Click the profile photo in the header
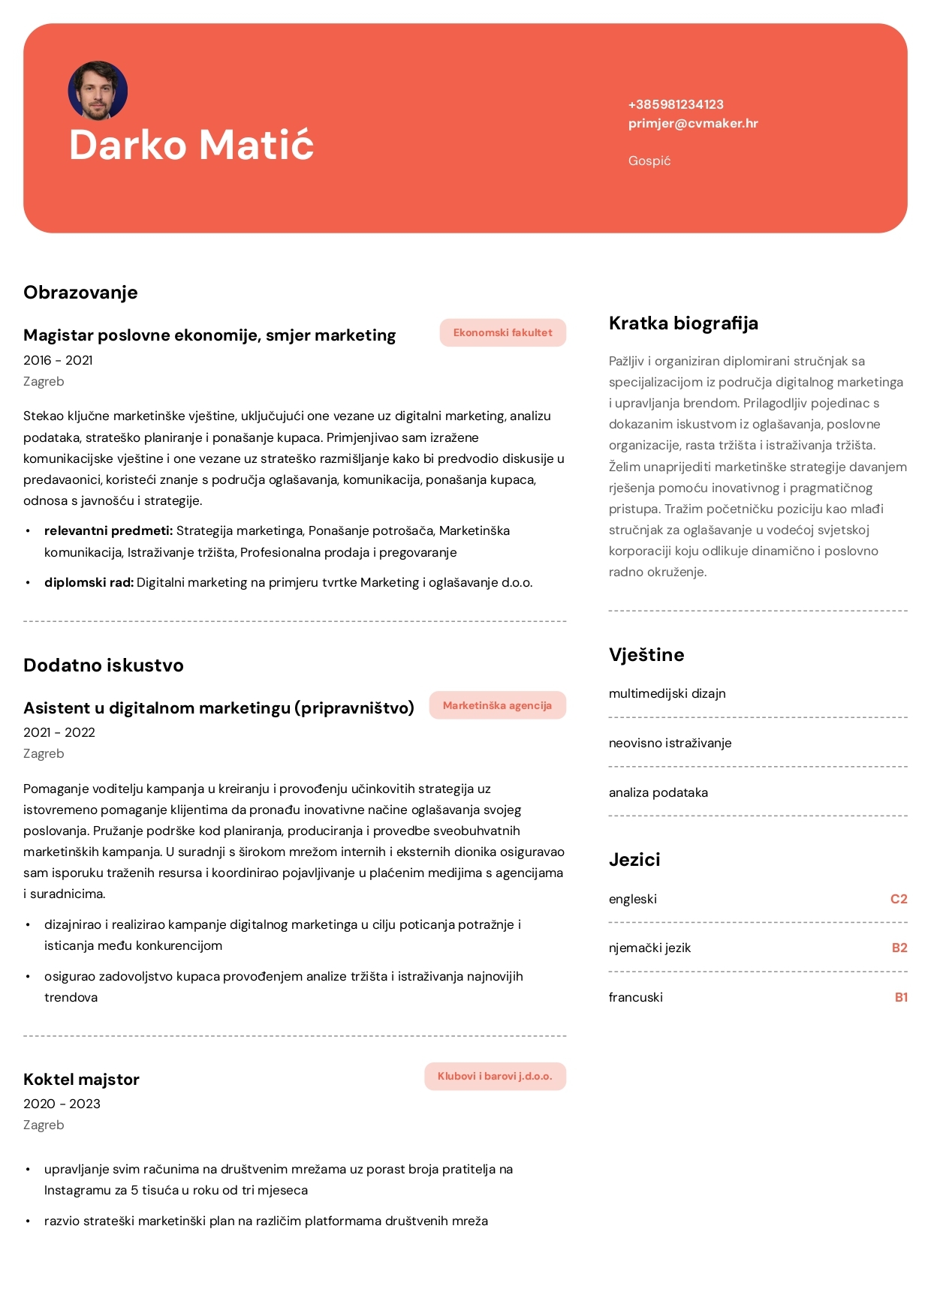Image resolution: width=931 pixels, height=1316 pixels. click(x=98, y=91)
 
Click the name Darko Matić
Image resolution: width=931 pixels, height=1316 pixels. click(x=191, y=144)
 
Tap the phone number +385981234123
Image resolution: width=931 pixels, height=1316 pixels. click(x=676, y=104)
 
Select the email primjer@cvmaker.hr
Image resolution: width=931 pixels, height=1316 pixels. click(x=693, y=123)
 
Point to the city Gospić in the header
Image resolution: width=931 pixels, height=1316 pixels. click(x=649, y=161)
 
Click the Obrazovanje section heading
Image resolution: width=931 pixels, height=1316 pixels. click(x=80, y=292)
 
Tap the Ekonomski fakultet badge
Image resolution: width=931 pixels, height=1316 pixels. click(x=502, y=332)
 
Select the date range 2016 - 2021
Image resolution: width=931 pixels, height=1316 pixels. click(x=58, y=360)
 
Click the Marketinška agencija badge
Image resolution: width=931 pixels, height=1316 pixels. click(x=497, y=705)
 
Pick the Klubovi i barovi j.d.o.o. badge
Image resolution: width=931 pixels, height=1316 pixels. click(x=495, y=1076)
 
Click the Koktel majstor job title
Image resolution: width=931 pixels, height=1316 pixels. click(x=81, y=1079)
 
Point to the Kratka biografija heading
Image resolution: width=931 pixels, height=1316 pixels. click(x=683, y=323)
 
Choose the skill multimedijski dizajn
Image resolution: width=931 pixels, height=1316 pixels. click(x=667, y=693)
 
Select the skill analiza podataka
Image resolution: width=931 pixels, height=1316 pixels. click(x=658, y=792)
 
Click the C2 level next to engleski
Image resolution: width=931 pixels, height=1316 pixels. click(x=899, y=899)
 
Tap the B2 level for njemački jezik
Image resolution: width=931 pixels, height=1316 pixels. click(x=899, y=948)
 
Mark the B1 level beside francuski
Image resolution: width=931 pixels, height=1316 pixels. click(x=901, y=997)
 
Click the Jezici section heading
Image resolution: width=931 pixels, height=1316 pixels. click(x=634, y=859)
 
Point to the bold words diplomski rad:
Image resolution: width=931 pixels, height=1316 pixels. click(x=89, y=582)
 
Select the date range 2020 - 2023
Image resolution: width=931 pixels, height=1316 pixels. click(x=62, y=1104)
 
